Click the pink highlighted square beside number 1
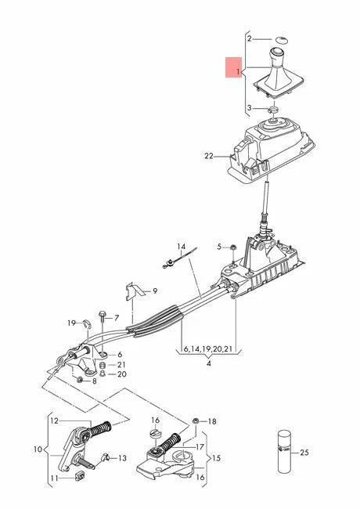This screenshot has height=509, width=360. point(234,67)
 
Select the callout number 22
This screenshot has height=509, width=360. point(209,156)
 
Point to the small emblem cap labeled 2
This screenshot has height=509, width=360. point(282,39)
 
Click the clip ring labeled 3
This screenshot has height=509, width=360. point(273,109)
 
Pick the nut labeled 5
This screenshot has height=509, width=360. point(232,247)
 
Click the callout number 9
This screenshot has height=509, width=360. point(155,291)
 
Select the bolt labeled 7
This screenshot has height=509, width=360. point(102,317)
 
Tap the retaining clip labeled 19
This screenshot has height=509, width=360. point(85,323)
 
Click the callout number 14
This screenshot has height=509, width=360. point(182,247)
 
